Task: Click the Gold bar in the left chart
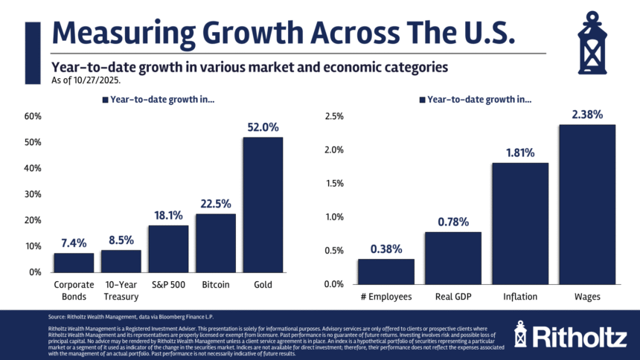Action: (x=263, y=205)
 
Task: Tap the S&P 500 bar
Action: (x=168, y=248)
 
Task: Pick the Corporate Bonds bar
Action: (x=74, y=263)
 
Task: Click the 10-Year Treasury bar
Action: (x=121, y=261)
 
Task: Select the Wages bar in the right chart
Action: (x=587, y=204)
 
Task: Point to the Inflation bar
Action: (x=519, y=223)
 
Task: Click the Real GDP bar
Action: (x=453, y=257)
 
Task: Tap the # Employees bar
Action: (x=386, y=271)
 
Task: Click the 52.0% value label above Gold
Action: (x=263, y=127)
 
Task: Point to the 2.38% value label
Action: (x=587, y=115)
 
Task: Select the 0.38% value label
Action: (x=386, y=249)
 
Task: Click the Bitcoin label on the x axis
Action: (x=215, y=285)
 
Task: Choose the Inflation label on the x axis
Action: (x=519, y=298)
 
